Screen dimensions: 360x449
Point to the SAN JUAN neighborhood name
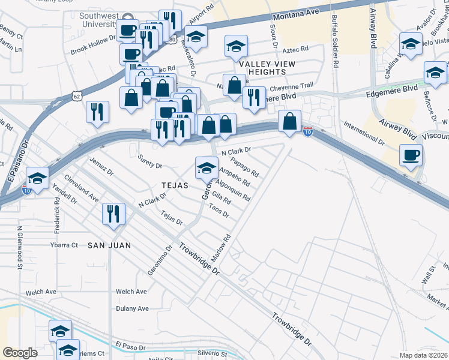pyautogui.click(x=109, y=245)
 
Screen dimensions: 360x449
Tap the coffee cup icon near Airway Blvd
pyautogui.click(x=412, y=156)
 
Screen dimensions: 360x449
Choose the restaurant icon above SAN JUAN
pyautogui.click(x=113, y=215)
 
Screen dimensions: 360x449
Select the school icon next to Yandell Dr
pyautogui.click(x=37, y=179)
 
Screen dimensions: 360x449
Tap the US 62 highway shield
pyautogui.click(x=76, y=95)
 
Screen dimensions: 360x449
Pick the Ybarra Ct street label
pyautogui.click(x=64, y=245)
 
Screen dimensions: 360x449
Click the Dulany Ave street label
pyautogui.click(x=133, y=308)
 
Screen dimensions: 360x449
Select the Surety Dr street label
pyautogui.click(x=150, y=161)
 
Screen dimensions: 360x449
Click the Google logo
pyautogui.click(x=20, y=352)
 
